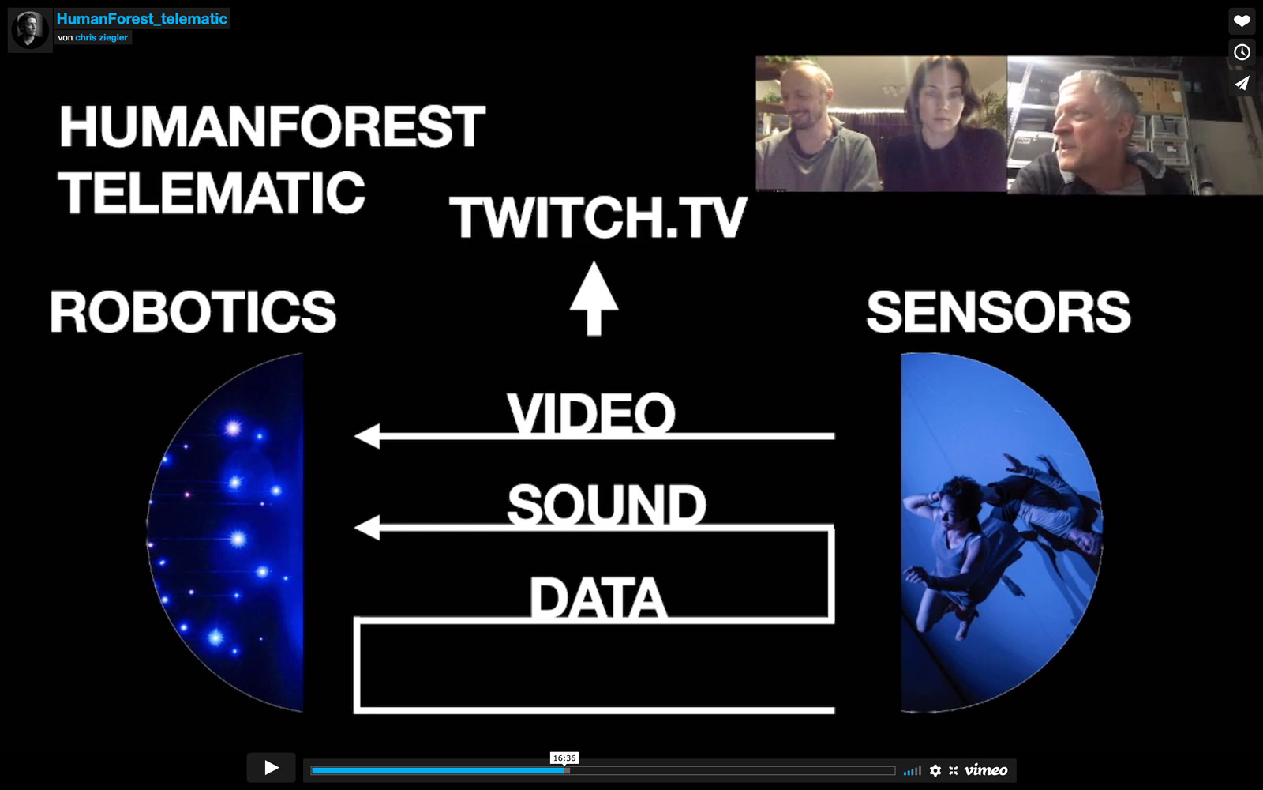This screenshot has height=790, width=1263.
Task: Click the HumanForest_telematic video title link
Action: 141,19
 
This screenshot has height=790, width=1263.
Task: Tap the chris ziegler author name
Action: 102,37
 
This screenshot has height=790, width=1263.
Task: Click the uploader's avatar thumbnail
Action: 30,30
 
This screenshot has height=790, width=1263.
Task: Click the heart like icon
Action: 1242,21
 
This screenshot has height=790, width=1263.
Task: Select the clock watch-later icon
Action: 1242,52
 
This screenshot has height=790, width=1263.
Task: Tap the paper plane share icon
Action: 1242,84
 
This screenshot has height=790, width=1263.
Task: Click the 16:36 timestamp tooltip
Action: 564,758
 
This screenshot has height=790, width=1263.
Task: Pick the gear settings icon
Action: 935,770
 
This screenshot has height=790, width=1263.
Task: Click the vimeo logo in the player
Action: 986,770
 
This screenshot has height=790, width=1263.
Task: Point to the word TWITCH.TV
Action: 598,218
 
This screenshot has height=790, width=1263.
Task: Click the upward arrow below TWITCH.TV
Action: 594,299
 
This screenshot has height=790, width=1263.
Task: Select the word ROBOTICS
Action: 193,311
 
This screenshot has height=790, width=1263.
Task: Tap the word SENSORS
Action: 998,312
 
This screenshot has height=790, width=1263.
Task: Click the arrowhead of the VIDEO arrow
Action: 367,436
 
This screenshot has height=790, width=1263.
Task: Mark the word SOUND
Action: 606,505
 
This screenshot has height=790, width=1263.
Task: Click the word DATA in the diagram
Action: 598,598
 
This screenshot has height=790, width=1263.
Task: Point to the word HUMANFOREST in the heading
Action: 272,126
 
